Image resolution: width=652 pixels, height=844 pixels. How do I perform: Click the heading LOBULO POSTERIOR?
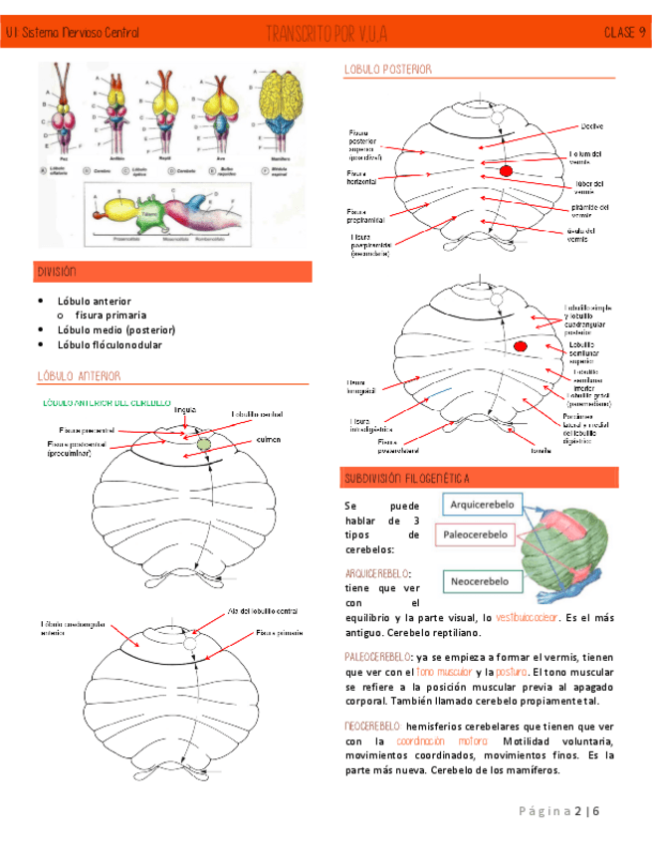(387, 70)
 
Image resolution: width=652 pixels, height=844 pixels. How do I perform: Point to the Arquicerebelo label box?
(482, 506)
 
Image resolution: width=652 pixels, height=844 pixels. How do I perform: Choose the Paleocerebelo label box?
(482, 534)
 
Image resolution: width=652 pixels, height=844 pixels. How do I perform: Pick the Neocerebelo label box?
(482, 579)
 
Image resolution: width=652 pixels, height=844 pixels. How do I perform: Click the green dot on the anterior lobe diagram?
(205, 443)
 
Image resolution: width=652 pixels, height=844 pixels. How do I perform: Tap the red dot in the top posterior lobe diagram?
(506, 172)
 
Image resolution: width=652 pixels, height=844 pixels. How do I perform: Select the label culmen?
(268, 439)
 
